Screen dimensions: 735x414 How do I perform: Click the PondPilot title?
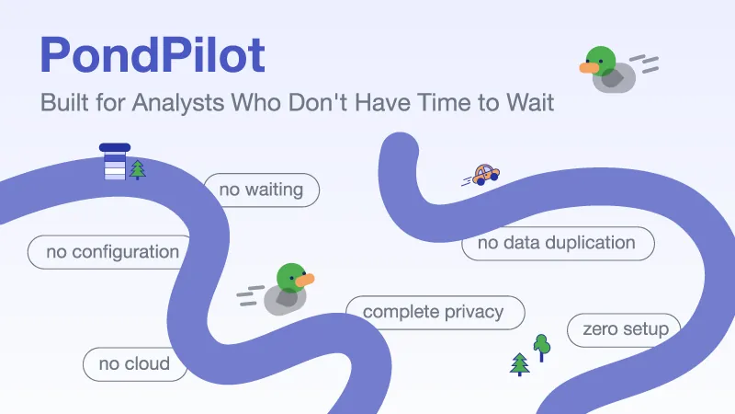coord(153,55)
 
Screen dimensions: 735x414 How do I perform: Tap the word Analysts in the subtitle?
coord(178,102)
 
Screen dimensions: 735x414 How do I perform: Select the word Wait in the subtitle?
coord(530,102)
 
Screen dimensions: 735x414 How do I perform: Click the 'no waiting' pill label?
coord(261,190)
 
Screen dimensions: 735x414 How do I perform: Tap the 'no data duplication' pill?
coord(558,243)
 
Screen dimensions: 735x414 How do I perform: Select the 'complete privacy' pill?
coord(435,312)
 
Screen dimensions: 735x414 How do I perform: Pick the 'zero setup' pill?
coord(625,329)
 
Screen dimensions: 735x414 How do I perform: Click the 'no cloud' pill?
coord(134,363)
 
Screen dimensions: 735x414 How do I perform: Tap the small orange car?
coord(486,175)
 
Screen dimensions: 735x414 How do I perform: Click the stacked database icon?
coord(115,162)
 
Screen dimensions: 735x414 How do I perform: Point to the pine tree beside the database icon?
coord(137,170)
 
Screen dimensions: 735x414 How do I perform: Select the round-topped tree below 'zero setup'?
coord(542,348)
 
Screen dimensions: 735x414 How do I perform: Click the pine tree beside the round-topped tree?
coord(519,364)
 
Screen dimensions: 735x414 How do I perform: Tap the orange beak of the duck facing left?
coord(589,68)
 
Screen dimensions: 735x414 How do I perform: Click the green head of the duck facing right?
coord(291,278)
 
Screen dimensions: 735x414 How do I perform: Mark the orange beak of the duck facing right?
coord(305,280)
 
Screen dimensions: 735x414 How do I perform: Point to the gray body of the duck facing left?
coord(615,78)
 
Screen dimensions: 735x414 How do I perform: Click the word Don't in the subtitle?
coord(317,102)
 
